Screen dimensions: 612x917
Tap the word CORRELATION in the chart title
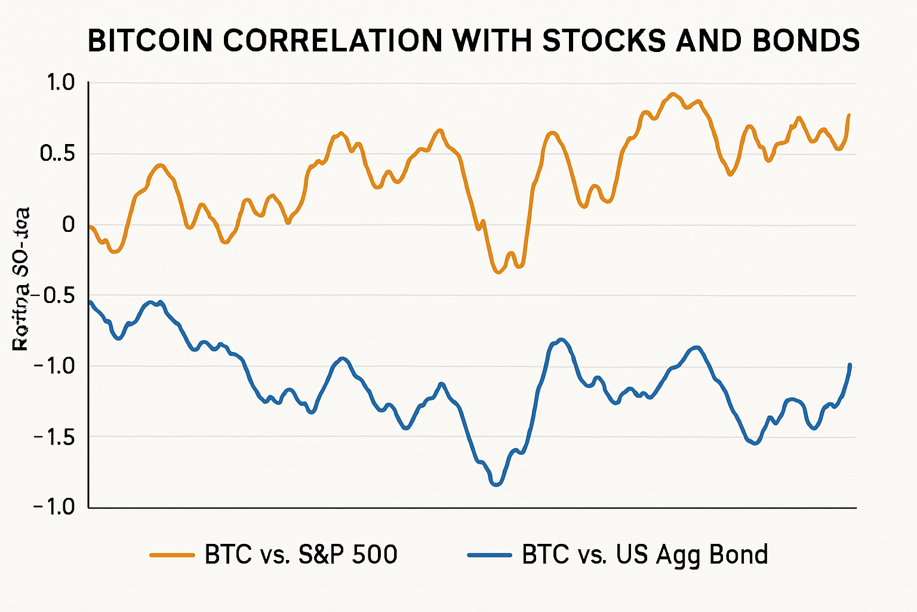pyautogui.click(x=331, y=41)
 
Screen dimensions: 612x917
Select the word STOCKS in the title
pyautogui.click(x=602, y=41)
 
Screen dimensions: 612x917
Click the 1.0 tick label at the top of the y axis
pyautogui.click(x=60, y=82)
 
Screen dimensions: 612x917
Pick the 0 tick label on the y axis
pyautogui.click(x=68, y=225)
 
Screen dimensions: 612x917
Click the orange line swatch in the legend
pyautogui.click(x=172, y=555)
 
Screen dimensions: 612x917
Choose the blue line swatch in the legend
pyautogui.click(x=490, y=555)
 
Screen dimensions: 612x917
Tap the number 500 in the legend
pyautogui.click(x=374, y=555)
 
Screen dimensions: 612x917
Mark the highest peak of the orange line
pyautogui.click(x=673, y=94)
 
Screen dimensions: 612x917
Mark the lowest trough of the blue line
pyautogui.click(x=496, y=485)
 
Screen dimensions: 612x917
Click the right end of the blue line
pyautogui.click(x=850, y=365)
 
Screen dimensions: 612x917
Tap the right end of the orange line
pyautogui.click(x=849, y=115)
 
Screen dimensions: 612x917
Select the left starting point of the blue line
pyautogui.click(x=90, y=302)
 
